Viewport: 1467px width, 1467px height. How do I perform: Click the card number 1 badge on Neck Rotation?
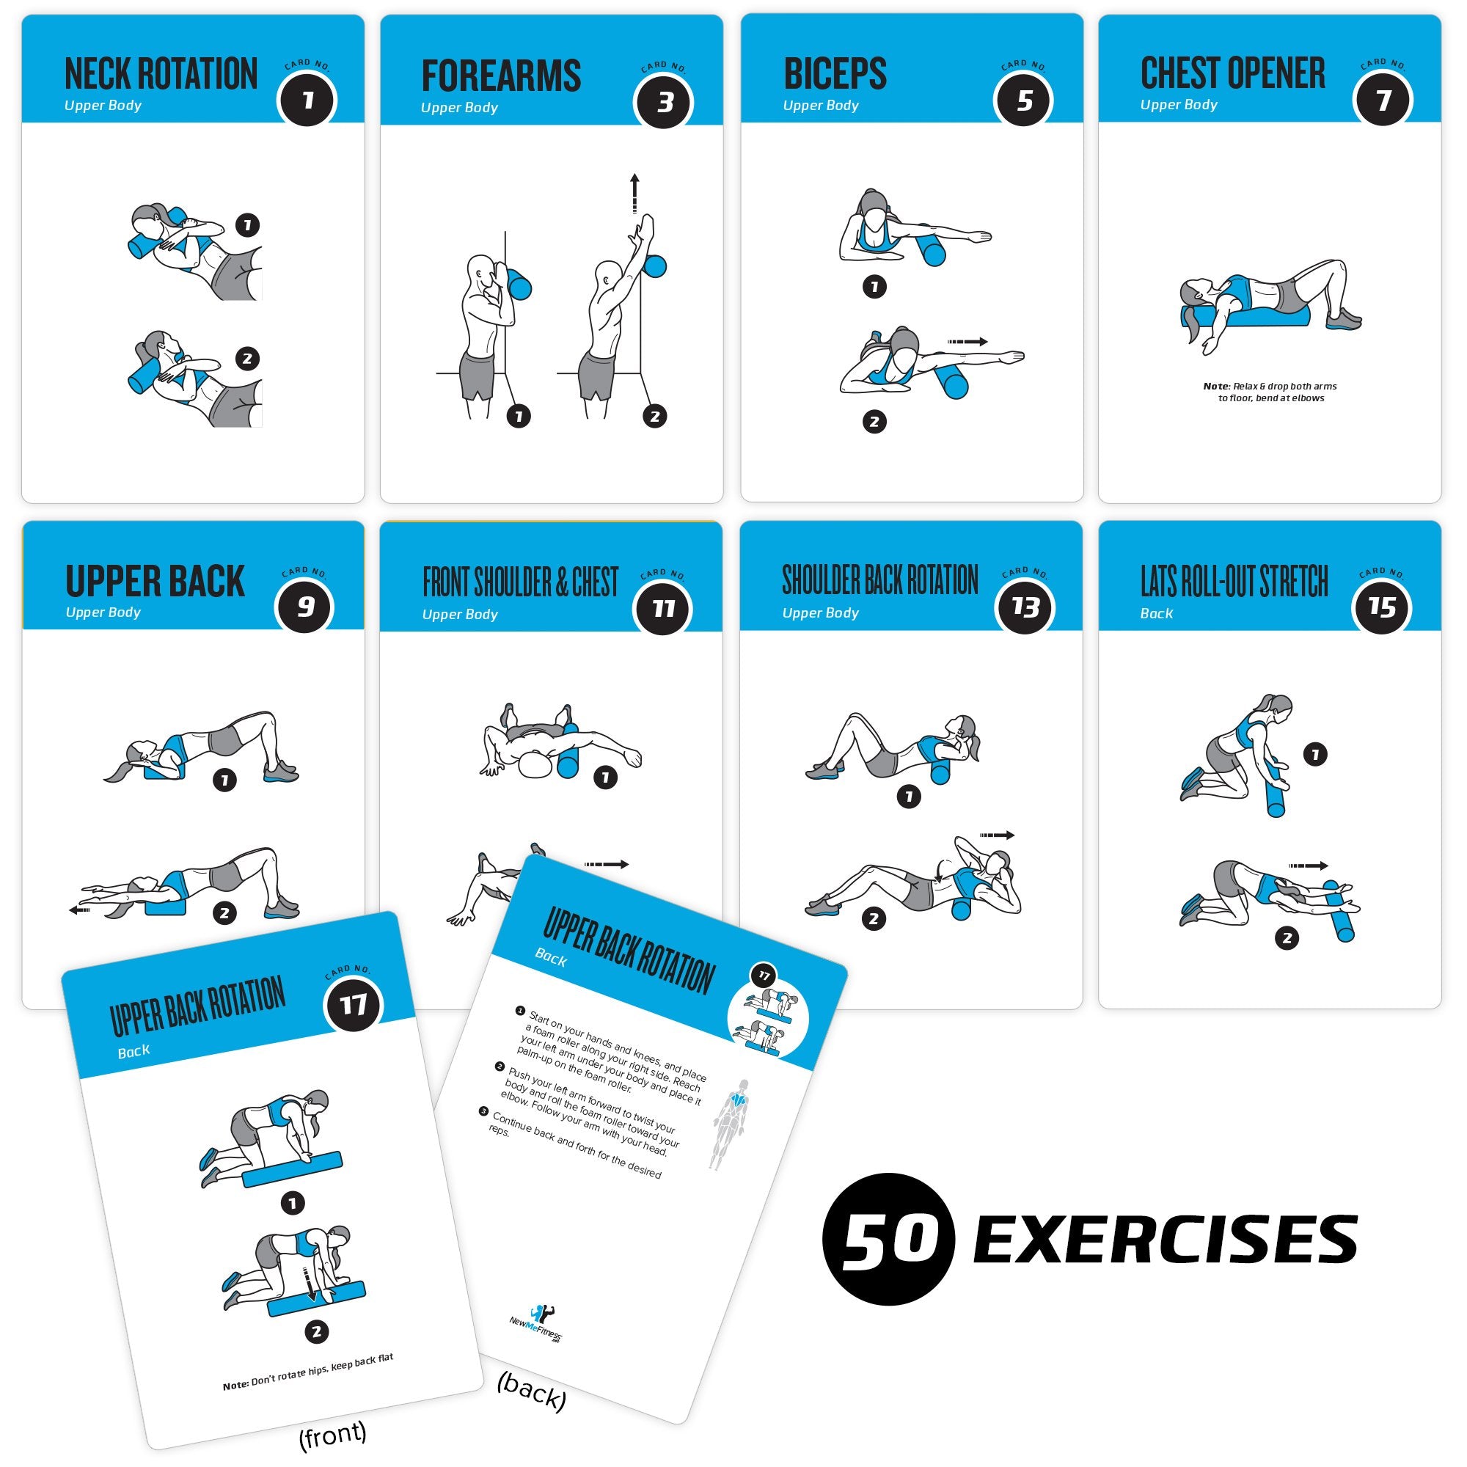click(307, 101)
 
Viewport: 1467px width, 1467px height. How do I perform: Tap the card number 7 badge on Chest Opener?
click(1383, 100)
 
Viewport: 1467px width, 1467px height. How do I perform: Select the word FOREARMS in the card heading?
click(501, 77)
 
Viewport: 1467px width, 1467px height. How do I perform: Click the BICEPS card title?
click(835, 74)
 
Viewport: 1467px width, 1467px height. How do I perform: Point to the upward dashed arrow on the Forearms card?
click(634, 193)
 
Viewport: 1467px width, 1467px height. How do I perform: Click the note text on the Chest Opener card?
click(1270, 392)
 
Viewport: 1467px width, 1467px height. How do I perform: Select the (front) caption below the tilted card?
click(332, 1433)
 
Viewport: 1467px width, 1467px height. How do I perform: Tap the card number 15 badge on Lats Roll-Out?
click(1381, 607)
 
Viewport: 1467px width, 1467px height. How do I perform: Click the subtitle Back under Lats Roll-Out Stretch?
click(1157, 613)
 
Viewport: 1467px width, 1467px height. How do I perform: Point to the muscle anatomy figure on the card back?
click(731, 1124)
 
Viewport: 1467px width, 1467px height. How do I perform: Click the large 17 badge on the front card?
click(354, 1006)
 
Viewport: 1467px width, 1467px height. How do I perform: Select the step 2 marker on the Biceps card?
click(874, 422)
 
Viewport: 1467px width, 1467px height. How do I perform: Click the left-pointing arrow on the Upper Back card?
click(80, 910)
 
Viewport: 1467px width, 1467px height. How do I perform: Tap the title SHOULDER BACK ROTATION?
click(880, 581)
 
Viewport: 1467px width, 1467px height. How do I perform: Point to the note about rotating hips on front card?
click(308, 1372)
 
